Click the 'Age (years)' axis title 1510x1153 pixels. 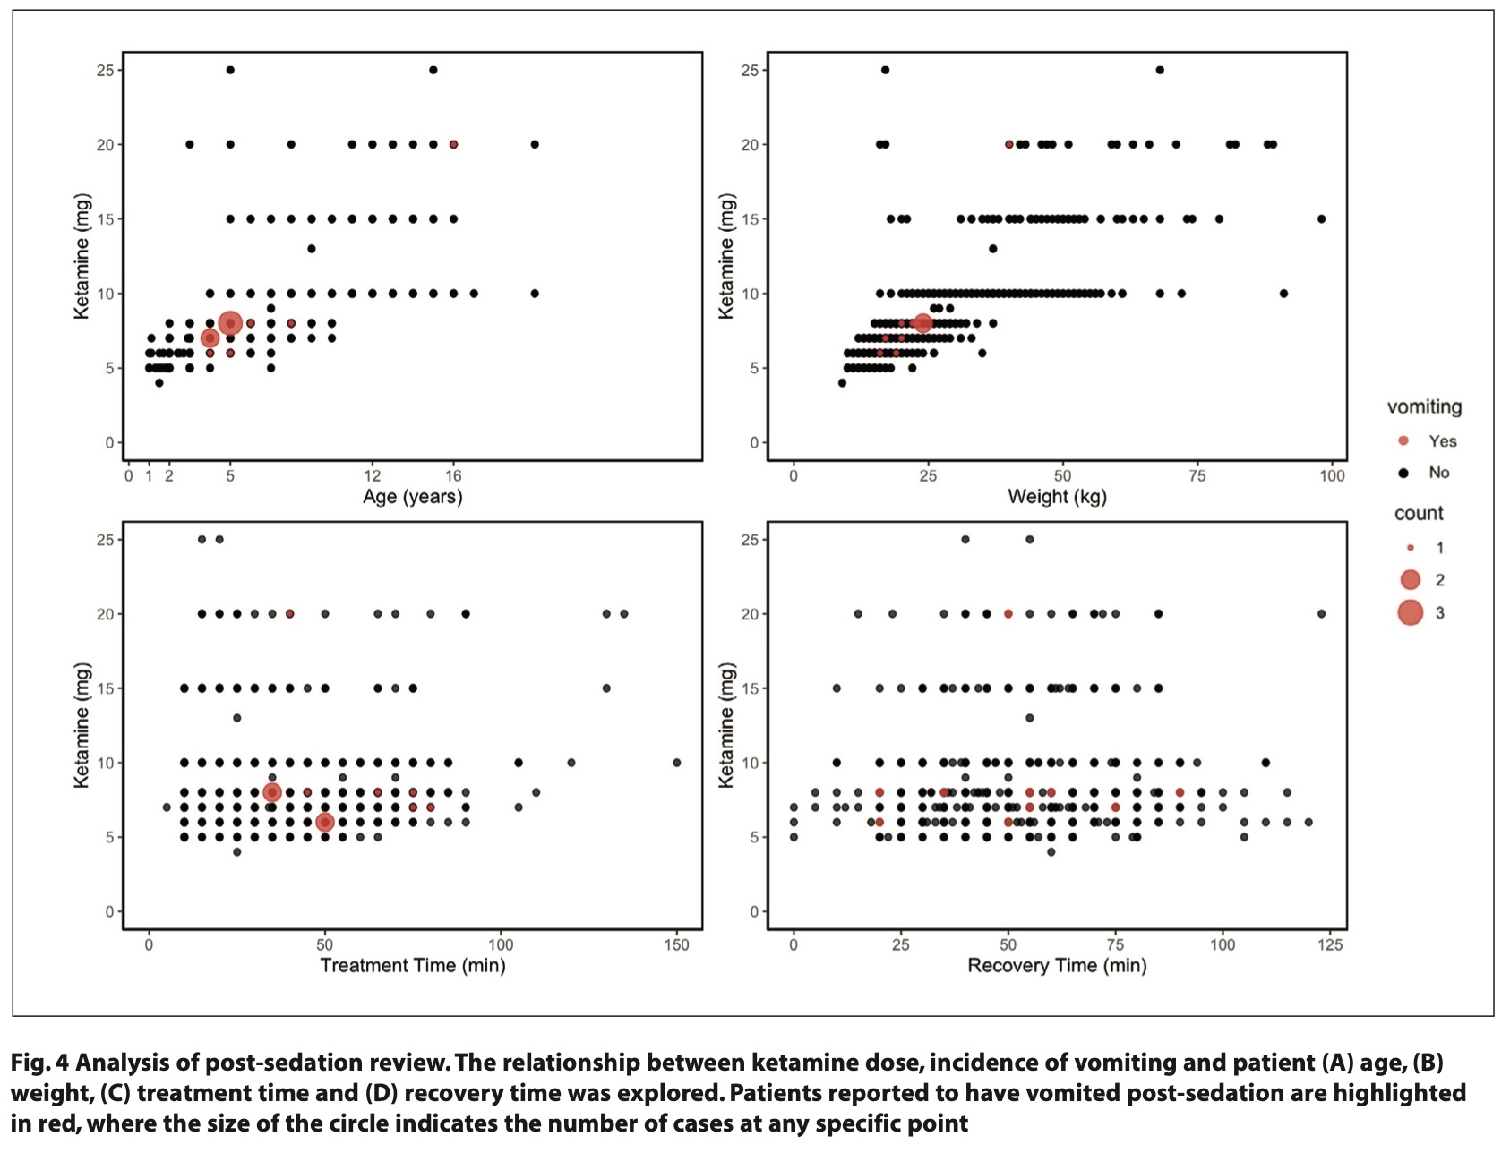(x=412, y=497)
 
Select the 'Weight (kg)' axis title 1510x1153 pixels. (x=1057, y=497)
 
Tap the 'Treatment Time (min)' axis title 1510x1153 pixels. (x=412, y=966)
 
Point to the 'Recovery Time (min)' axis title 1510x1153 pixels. (x=1057, y=966)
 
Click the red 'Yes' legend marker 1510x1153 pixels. (x=1403, y=440)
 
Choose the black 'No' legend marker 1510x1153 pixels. (x=1403, y=473)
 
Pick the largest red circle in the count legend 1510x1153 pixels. (x=1410, y=613)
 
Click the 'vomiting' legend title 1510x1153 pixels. (x=1424, y=407)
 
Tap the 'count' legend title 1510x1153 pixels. (x=1419, y=514)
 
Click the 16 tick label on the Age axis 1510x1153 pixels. (x=453, y=476)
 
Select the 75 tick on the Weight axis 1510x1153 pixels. (x=1197, y=476)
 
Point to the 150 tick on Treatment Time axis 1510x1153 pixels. (x=676, y=945)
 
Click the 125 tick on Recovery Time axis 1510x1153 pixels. (x=1330, y=945)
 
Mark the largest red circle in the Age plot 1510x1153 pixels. (x=230, y=323)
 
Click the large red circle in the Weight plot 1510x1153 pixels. (x=922, y=323)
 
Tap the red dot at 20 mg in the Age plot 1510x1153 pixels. (x=453, y=144)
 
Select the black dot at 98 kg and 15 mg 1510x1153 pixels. (x=1321, y=218)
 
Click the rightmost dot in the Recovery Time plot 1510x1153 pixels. (x=1321, y=614)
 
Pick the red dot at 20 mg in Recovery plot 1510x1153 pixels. (x=1008, y=614)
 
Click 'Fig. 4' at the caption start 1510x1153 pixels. (x=39, y=1063)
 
